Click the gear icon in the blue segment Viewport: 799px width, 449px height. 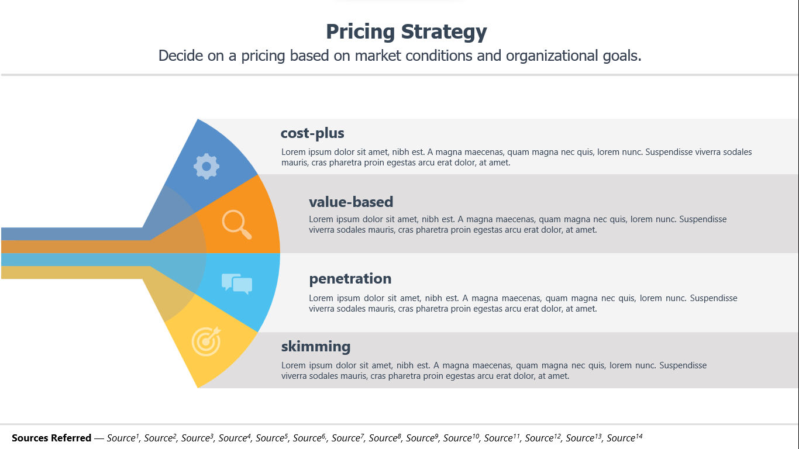(x=206, y=166)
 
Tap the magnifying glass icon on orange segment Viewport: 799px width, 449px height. (x=236, y=224)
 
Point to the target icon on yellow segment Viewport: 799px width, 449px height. (x=206, y=341)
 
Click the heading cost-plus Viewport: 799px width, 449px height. (x=312, y=133)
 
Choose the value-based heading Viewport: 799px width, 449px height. (x=351, y=202)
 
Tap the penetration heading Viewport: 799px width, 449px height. (x=350, y=278)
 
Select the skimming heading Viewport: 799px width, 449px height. (x=316, y=346)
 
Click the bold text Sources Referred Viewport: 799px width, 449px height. (x=51, y=438)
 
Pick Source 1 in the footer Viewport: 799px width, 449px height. (x=123, y=437)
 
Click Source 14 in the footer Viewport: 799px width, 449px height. (x=625, y=437)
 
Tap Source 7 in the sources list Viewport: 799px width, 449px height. (x=348, y=437)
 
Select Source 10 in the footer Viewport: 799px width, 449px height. (x=461, y=437)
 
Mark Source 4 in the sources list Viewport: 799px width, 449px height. (x=235, y=437)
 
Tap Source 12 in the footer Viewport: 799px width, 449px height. (x=543, y=437)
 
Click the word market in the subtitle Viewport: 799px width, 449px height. (x=378, y=56)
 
